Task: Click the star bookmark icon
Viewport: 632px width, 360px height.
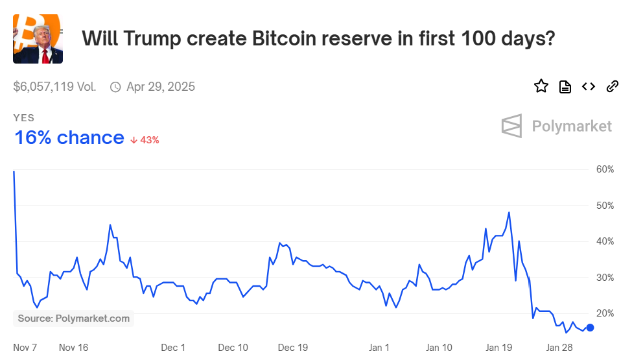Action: coord(541,86)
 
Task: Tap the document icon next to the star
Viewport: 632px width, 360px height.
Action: coord(565,87)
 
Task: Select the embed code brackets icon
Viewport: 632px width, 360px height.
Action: coord(589,86)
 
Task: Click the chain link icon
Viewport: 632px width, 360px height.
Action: coord(612,86)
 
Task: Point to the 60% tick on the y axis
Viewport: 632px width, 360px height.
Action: coord(605,169)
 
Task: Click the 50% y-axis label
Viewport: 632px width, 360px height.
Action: coord(605,206)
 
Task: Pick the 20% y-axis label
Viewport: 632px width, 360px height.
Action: coord(605,313)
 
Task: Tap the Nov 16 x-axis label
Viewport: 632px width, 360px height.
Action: coord(73,347)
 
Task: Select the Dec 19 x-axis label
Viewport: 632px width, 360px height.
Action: coord(293,347)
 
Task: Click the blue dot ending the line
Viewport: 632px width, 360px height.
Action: coord(590,328)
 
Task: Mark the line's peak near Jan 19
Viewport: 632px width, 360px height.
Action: coord(509,212)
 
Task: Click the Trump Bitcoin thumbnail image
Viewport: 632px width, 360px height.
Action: coord(38,38)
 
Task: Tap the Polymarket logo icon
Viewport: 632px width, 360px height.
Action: coord(511,126)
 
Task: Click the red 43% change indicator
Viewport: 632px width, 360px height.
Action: coord(145,139)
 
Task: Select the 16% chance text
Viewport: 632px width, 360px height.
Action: coord(69,138)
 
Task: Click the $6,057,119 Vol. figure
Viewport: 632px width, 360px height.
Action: coord(54,87)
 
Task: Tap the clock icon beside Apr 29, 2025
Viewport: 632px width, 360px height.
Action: coord(115,87)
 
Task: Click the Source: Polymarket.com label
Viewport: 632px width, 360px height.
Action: coord(73,318)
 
